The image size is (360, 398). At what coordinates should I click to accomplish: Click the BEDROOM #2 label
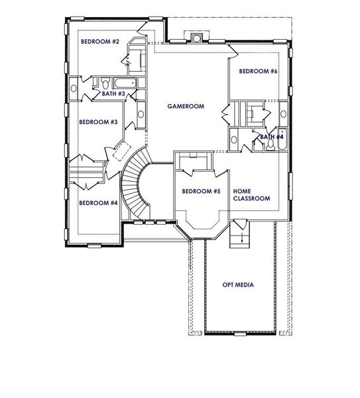click(x=100, y=42)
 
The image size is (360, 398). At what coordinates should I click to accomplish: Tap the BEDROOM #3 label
click(x=98, y=122)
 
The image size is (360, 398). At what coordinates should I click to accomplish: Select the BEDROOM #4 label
click(x=98, y=203)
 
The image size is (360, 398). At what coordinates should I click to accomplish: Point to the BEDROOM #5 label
click(x=201, y=192)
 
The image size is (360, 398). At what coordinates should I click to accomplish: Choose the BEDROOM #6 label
click(x=259, y=71)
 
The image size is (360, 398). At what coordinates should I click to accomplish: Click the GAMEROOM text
click(x=185, y=106)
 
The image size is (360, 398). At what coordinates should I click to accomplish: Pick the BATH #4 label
click(x=272, y=137)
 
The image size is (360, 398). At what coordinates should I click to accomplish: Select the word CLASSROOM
click(x=251, y=198)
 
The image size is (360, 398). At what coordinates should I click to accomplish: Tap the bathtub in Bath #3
click(x=125, y=84)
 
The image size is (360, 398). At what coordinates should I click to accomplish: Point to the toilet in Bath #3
click(x=105, y=84)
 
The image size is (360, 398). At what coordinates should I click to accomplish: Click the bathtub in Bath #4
click(x=282, y=141)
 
